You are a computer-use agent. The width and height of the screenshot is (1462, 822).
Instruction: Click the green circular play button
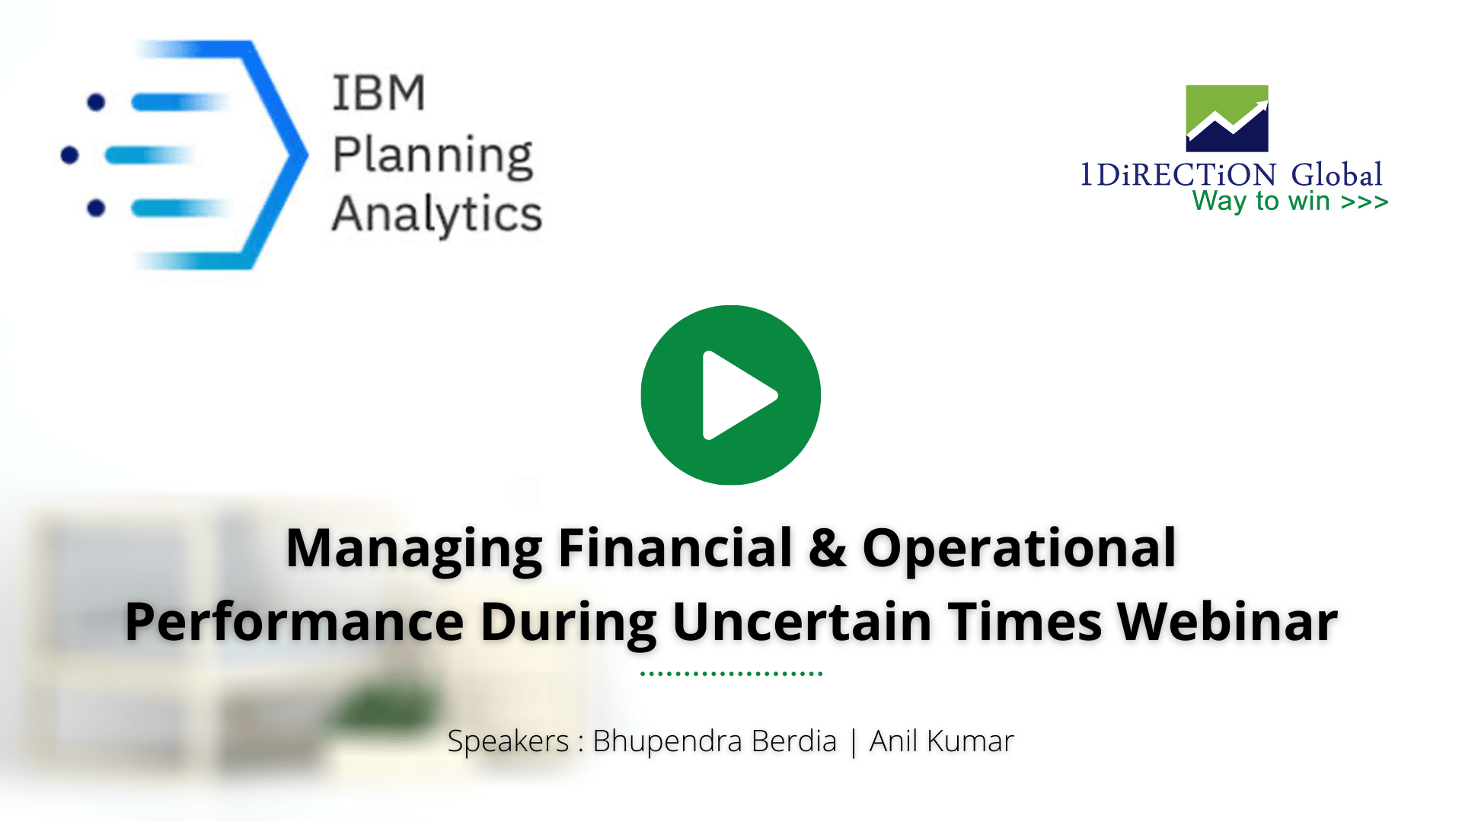coord(730,395)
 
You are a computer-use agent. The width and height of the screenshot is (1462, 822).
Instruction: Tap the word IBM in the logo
coord(378,94)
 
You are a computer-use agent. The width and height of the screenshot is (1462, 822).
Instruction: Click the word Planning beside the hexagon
coord(433,155)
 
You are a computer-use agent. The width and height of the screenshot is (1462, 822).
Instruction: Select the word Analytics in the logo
coord(437,214)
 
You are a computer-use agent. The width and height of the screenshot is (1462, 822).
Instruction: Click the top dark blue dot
coord(96,102)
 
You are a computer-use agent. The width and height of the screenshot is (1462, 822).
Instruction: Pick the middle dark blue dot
coord(69,155)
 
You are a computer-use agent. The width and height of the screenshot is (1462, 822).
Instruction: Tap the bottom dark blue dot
coord(96,208)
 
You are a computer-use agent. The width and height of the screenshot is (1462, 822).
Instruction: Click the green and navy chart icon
coord(1227,118)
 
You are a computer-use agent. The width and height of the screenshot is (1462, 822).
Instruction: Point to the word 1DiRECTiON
coord(1178,175)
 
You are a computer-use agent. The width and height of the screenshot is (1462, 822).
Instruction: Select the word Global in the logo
coord(1336,175)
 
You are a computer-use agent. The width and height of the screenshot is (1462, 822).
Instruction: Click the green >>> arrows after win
coord(1365,202)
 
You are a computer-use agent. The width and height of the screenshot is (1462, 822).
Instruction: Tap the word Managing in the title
coord(414,548)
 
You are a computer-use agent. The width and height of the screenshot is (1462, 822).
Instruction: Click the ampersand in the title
coord(827,548)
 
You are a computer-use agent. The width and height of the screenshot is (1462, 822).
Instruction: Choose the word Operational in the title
coord(1019,548)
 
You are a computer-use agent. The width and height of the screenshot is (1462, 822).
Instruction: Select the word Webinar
coord(1227,622)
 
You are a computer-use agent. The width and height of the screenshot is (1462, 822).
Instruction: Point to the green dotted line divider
coord(731,673)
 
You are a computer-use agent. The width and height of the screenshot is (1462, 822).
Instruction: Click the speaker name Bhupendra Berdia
coord(714,741)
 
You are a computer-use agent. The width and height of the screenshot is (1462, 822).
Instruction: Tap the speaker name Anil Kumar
coord(941,741)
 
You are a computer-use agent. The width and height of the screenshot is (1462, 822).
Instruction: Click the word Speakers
coord(508,741)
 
